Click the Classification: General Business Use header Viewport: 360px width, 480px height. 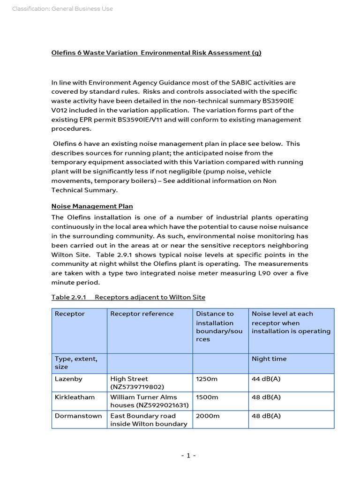(x=62, y=9)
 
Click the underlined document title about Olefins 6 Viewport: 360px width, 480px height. (x=156, y=53)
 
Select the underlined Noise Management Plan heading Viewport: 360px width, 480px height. (x=92, y=206)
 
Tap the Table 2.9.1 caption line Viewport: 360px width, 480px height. (x=128, y=297)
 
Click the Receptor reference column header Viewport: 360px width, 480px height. (x=142, y=314)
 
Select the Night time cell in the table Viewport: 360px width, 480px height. (x=269, y=359)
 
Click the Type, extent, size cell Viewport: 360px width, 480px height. (x=76, y=363)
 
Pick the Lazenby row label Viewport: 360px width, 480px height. (x=68, y=379)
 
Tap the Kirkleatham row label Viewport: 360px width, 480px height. (x=75, y=397)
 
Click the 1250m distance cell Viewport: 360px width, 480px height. (x=207, y=379)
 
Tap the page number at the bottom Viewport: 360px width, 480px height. (x=188, y=456)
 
